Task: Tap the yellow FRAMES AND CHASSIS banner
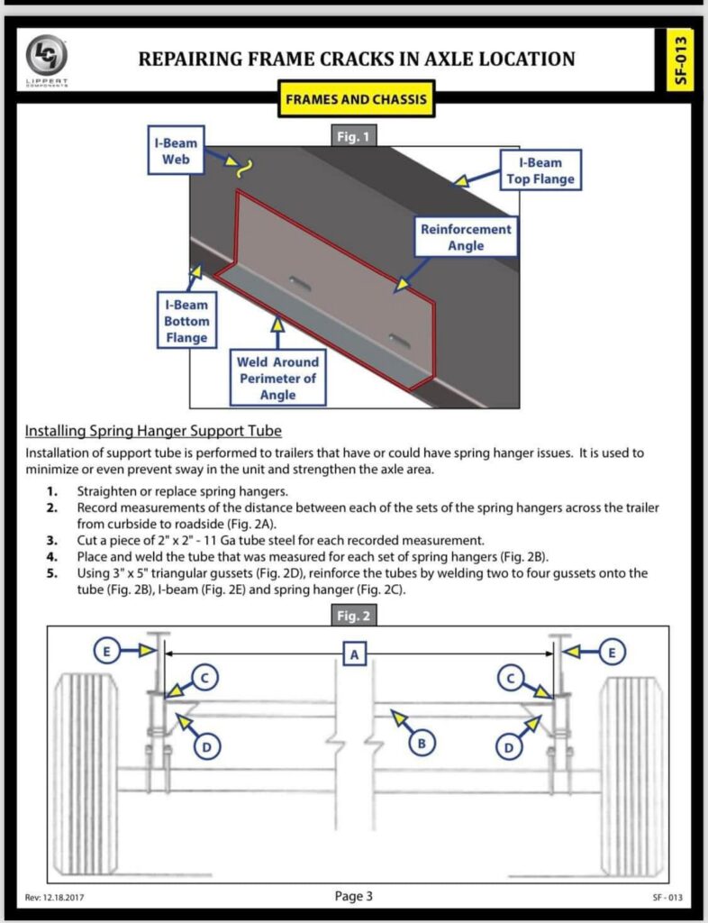point(357,99)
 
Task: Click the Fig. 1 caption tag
point(353,137)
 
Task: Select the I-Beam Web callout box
point(176,151)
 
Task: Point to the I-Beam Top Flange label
point(540,170)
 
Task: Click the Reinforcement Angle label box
point(466,237)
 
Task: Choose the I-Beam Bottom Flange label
point(186,321)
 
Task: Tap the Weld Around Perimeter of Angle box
point(277,379)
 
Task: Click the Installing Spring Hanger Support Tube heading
point(153,431)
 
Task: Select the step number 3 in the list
point(51,541)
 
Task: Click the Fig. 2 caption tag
point(353,616)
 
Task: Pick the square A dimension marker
point(355,654)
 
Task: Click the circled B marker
point(421,744)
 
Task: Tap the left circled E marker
point(106,651)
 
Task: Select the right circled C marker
point(510,678)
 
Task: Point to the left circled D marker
point(206,747)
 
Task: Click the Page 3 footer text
point(353,897)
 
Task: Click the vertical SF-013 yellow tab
point(680,60)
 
